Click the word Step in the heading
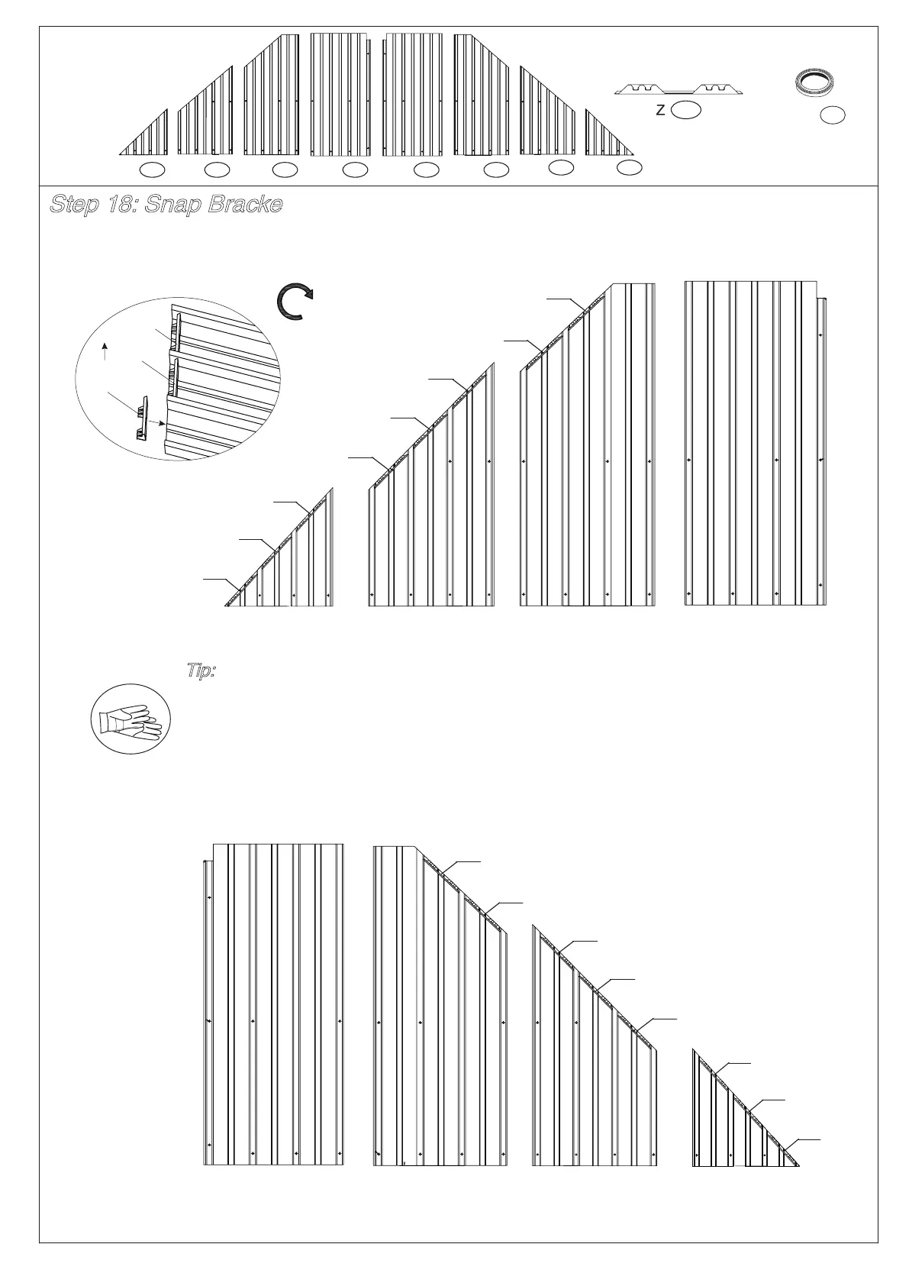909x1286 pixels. coord(74,205)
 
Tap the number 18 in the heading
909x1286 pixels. coord(121,205)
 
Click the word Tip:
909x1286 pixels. coord(201,671)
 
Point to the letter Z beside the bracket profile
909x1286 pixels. coord(659,111)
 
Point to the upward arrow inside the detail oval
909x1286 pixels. coord(105,352)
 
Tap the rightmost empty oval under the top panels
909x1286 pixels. coord(629,167)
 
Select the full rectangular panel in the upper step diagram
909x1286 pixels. coord(754,443)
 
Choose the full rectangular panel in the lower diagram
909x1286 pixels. coord(276,1016)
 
